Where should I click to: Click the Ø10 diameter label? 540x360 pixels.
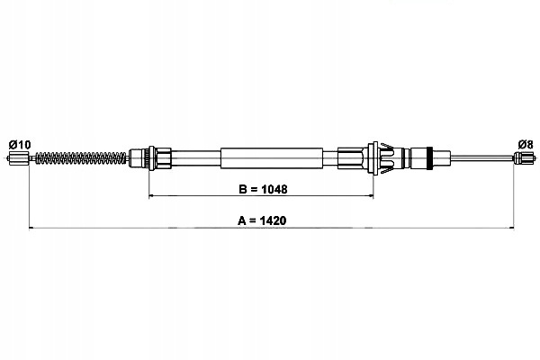[x=20, y=144]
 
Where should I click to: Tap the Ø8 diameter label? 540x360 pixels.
[x=526, y=144]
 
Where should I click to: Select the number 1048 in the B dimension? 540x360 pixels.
[x=274, y=189]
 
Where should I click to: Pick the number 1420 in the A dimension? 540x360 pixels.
[x=273, y=220]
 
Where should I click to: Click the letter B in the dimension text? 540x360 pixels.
[x=242, y=189]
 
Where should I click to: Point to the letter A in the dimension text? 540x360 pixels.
[x=242, y=220]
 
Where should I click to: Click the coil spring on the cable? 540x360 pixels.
[x=81, y=158]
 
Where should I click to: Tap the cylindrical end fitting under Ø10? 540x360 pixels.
[x=13, y=158]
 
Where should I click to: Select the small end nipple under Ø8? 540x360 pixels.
[x=521, y=158]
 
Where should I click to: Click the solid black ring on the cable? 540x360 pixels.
[x=429, y=158]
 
